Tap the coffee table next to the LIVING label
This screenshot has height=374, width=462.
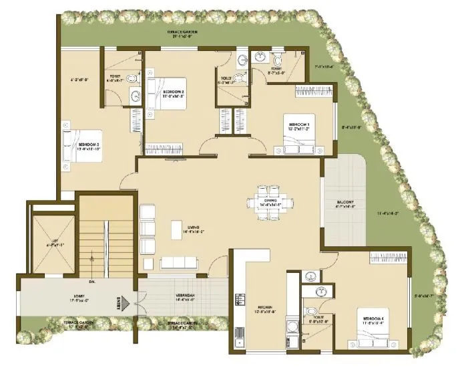coord(177,226)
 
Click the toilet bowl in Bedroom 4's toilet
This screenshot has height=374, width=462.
coord(311,312)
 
